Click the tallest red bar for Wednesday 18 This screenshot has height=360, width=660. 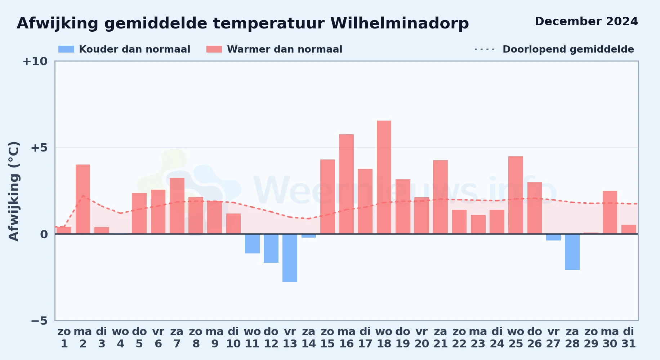point(384,177)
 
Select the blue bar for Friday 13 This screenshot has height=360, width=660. point(290,258)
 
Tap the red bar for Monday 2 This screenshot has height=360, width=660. point(83,199)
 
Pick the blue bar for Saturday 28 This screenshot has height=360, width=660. point(572,252)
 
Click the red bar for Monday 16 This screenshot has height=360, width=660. point(346,184)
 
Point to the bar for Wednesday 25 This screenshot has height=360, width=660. point(516,195)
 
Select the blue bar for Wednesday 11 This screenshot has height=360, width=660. point(252,244)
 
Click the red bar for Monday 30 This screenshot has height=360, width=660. point(610,212)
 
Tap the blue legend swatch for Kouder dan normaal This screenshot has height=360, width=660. point(66,49)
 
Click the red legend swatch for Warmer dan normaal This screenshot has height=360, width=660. point(214,49)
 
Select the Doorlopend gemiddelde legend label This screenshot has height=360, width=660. point(568,49)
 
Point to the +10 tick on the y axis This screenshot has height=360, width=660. point(35,62)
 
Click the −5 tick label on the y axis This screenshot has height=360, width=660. point(39,321)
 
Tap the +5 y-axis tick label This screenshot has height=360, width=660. point(39,148)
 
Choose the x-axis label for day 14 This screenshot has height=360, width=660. point(309,338)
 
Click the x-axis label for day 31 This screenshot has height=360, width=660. point(629,338)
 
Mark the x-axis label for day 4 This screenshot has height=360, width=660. point(120,338)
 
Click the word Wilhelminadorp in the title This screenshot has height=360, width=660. point(400,23)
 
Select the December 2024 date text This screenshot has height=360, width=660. point(586,21)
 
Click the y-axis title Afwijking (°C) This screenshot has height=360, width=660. point(14,191)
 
